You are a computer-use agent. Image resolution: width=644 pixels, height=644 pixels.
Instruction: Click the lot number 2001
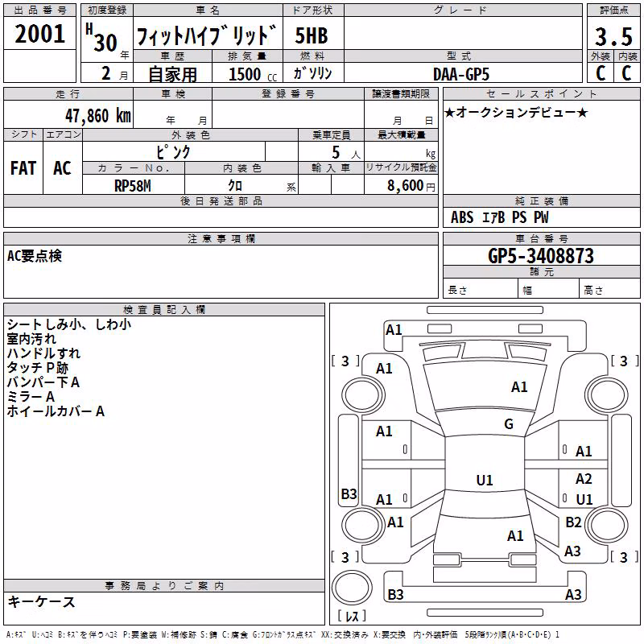(x=39, y=34)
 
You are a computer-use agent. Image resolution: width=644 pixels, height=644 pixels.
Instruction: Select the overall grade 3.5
(x=613, y=36)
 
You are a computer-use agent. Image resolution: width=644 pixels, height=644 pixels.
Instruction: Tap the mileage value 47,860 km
(x=97, y=116)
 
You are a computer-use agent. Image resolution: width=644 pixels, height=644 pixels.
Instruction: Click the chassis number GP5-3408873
(x=541, y=256)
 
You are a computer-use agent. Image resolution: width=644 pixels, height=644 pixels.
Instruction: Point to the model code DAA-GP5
(x=461, y=74)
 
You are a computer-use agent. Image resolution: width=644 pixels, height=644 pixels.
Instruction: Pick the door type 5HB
(x=312, y=35)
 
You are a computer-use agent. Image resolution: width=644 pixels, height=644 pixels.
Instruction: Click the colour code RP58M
(x=133, y=186)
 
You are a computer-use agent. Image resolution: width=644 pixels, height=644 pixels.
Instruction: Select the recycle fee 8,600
(x=405, y=186)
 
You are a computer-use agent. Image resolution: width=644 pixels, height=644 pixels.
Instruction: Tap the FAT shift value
(x=23, y=168)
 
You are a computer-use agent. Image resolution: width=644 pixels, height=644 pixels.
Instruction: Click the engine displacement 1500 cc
(x=253, y=74)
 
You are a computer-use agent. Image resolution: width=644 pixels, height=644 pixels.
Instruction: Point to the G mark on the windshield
(x=509, y=424)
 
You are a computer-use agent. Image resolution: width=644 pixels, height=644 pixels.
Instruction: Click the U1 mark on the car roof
(x=485, y=480)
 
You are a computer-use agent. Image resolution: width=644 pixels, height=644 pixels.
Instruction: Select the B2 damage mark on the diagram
(x=573, y=522)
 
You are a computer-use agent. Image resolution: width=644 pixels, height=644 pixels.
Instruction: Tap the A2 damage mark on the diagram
(x=584, y=478)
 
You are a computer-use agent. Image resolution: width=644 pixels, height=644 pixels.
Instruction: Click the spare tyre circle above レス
(x=352, y=588)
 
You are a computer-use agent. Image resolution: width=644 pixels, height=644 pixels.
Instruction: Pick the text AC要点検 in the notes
(x=35, y=256)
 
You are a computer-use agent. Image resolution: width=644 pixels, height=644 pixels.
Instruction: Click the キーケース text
(x=41, y=601)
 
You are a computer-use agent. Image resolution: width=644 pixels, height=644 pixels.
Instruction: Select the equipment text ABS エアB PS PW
(x=499, y=217)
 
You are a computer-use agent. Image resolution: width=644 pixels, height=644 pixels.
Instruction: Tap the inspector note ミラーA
(x=31, y=397)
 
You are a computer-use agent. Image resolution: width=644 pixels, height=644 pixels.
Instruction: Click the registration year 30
(x=105, y=43)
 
